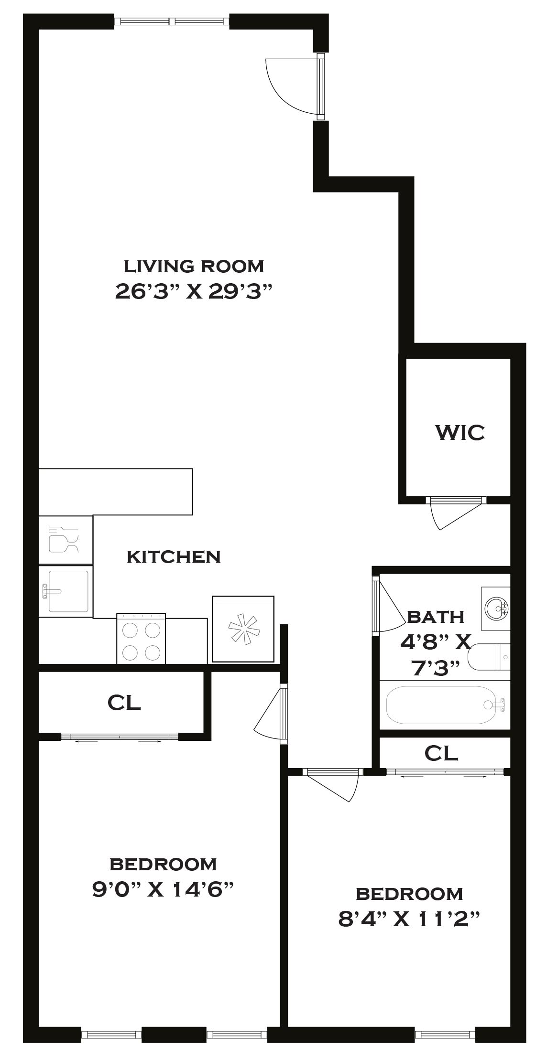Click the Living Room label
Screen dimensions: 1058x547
coord(194,266)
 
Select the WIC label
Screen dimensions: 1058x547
coord(459,432)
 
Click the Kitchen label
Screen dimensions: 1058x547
coord(174,556)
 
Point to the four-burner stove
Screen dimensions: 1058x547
coord(141,639)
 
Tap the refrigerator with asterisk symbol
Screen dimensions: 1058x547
coord(243,629)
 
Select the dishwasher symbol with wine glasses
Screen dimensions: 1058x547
coord(66,540)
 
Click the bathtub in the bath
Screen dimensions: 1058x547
coord(445,705)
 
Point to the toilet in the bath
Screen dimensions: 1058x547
coord(489,657)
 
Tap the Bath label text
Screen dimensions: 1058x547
coord(436,617)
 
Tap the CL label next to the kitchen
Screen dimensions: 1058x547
coord(124,702)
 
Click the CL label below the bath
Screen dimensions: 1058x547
coord(441,753)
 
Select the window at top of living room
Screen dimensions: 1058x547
coord(172,21)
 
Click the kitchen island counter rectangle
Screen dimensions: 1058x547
coord(115,492)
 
